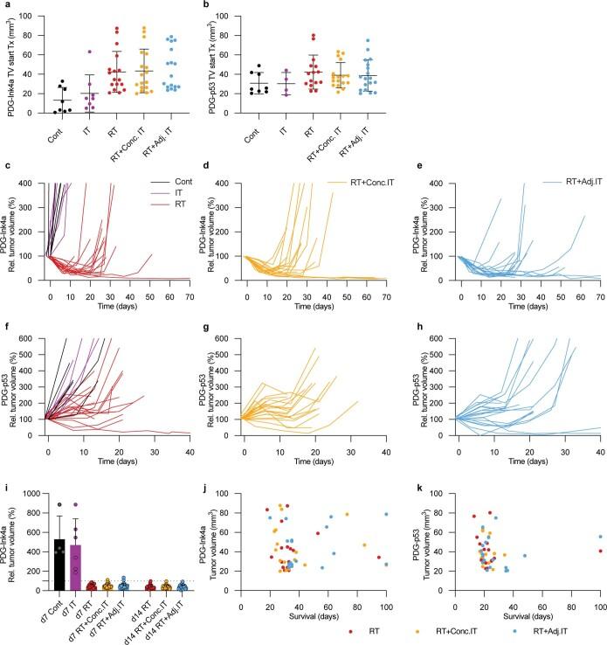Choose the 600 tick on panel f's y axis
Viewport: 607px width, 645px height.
[35, 338]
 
